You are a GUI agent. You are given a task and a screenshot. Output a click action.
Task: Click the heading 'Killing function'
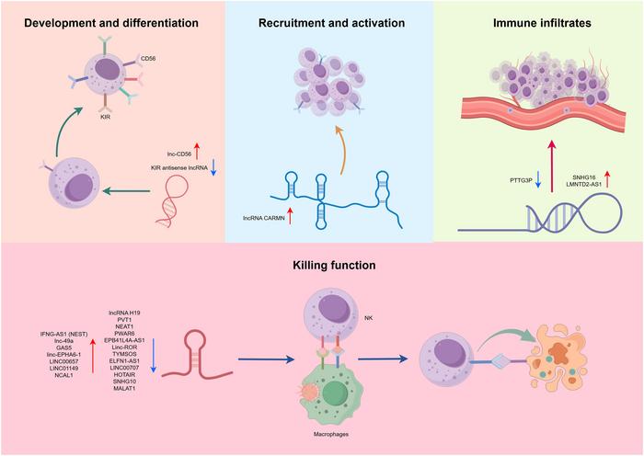point(334,265)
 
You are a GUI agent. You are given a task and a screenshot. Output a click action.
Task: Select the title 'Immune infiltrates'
point(542,23)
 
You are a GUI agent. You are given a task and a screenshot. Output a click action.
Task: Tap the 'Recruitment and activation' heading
point(331,23)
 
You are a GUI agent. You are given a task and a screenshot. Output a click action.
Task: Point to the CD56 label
point(148,59)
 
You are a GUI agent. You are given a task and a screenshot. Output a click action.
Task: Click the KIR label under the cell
point(105,117)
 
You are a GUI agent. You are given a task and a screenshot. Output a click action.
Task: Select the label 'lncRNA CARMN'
point(264,219)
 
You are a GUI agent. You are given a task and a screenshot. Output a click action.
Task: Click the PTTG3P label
point(521,180)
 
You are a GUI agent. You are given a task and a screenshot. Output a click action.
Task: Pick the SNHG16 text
point(583,177)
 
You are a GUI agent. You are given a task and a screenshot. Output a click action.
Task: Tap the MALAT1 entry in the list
point(124,388)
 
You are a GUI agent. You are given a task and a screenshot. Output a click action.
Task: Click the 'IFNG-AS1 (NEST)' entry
point(63,334)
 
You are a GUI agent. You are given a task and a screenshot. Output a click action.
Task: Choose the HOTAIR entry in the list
point(124,375)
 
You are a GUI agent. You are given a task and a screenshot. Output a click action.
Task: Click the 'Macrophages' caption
point(331,434)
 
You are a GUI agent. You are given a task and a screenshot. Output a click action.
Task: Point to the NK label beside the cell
point(368,318)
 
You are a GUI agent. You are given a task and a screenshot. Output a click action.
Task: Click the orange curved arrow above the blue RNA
point(341,150)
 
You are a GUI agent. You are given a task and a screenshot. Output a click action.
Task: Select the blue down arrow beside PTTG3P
point(538,180)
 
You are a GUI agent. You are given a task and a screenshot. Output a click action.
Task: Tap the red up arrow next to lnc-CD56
point(197,151)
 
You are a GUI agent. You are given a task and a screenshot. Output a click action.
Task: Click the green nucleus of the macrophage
point(335,392)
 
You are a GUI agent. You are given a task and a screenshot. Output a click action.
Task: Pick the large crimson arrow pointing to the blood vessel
point(552,165)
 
